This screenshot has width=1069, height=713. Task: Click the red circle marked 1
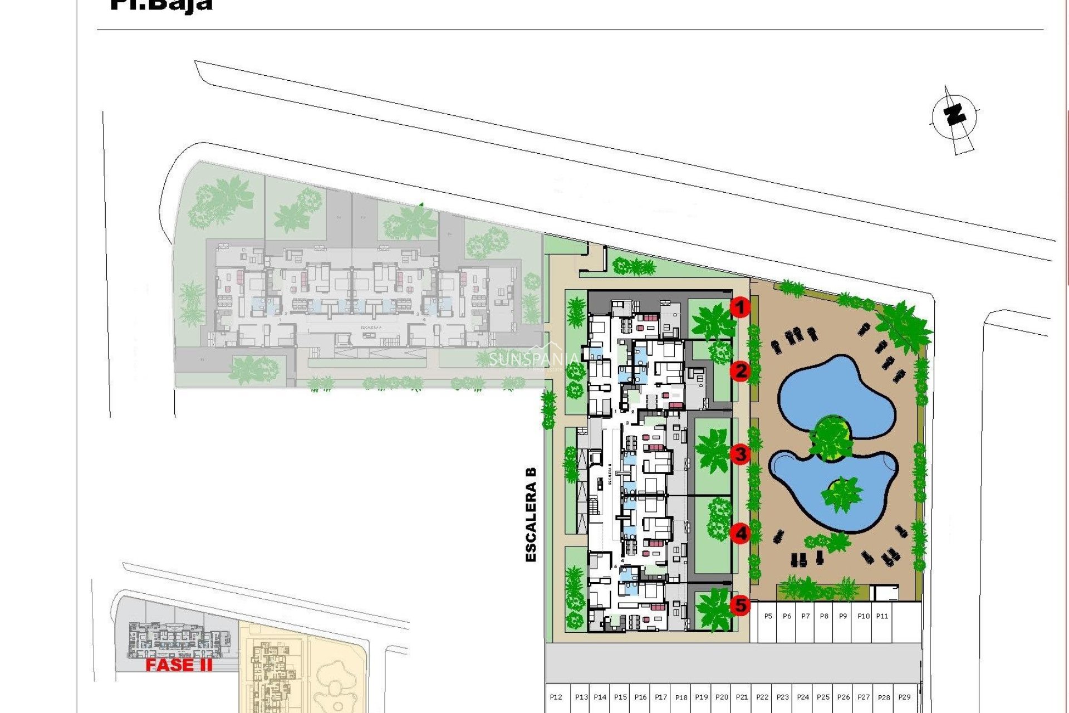coord(740,307)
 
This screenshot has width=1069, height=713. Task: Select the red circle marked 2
coord(741,371)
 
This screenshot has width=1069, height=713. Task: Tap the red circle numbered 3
coord(741,454)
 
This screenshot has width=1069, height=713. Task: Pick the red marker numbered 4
coord(741,534)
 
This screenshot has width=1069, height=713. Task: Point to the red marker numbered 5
coord(741,605)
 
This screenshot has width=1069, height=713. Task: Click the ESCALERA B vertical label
coord(531,514)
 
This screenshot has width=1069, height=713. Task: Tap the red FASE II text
coord(179,665)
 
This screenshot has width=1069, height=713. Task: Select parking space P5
coord(768,616)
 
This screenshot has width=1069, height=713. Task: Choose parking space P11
coord(882,616)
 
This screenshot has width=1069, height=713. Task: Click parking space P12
coord(556,697)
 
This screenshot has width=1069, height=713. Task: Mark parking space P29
coord(904,697)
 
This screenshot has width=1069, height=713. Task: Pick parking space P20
coord(722,697)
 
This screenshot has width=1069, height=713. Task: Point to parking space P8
coord(824,616)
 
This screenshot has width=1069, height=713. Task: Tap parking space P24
coord(803,697)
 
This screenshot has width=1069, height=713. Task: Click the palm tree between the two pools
coord(831,437)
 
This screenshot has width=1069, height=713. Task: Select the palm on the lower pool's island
coord(842,493)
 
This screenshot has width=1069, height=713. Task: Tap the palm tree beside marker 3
coord(712,451)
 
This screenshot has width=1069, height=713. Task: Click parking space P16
coord(641,697)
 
